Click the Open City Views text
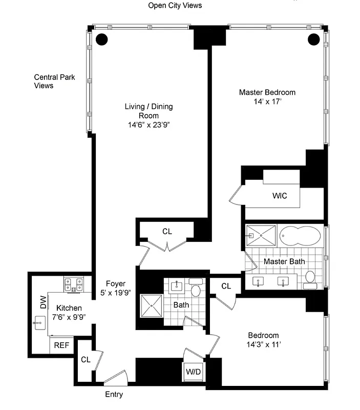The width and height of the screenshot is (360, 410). click(175, 6)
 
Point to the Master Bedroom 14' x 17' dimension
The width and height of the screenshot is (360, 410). click(267, 102)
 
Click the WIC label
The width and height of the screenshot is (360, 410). click(280, 195)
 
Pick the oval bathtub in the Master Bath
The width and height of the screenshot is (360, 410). click(301, 236)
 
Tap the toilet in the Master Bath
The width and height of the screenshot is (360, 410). click(310, 277)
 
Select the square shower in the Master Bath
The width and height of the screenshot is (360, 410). click(261, 235)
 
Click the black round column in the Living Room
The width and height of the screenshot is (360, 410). click(102, 38)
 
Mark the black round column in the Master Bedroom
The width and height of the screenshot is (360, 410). click(313, 38)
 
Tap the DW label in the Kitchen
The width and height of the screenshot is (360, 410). click(43, 304)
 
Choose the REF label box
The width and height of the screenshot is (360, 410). click(61, 345)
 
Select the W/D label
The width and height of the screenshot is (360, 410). click(193, 371)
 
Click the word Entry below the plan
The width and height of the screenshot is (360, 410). click(114, 395)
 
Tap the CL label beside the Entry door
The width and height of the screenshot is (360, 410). click(86, 360)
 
